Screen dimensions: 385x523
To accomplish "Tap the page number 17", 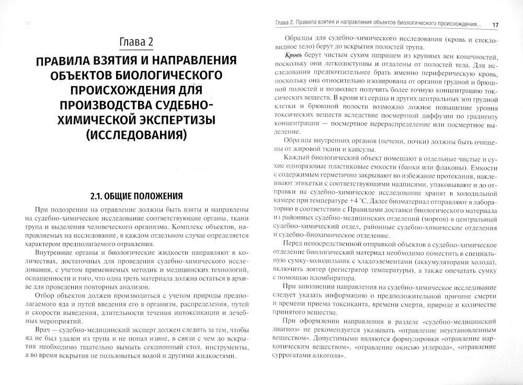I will tap(496, 25).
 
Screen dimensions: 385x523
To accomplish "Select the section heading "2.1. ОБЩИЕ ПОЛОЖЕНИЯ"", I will tap(135, 196).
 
